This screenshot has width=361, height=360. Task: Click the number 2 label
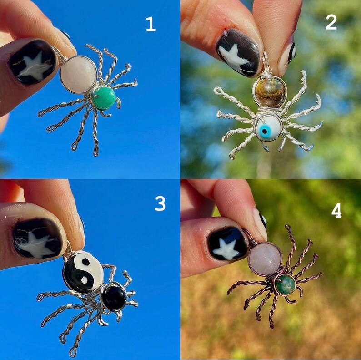(x=331, y=22)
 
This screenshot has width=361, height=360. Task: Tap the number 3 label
(x=160, y=203)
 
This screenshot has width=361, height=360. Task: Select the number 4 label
(x=336, y=210)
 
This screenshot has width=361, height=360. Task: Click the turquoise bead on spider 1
(x=104, y=98)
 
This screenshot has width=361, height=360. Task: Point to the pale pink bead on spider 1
(x=79, y=74)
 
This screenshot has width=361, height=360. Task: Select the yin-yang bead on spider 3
(x=83, y=272)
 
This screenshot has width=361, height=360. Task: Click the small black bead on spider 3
(x=113, y=297)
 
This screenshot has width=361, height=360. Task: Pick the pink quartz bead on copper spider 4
(x=265, y=258)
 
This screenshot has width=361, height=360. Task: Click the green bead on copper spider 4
(x=285, y=284)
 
